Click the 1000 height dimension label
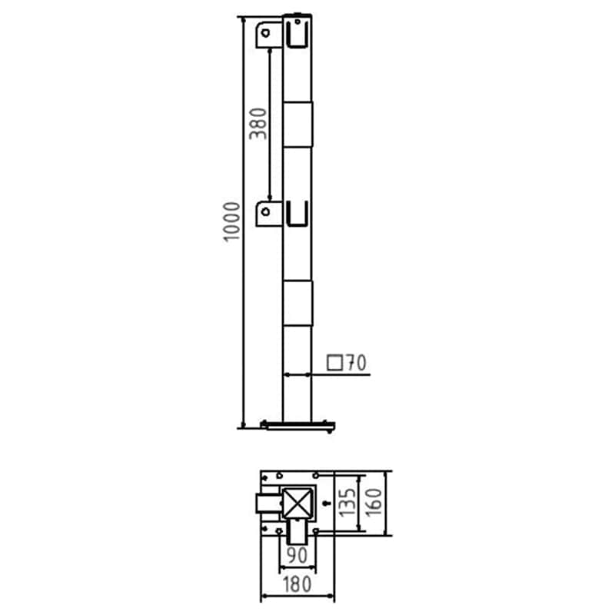click(232, 221)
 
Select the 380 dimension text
click(258, 124)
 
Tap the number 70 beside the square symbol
click(356, 363)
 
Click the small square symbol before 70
click(334, 363)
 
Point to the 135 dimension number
click(347, 503)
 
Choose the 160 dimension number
click(374, 503)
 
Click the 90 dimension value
click(297, 555)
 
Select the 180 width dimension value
click(297, 584)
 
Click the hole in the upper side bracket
click(265, 33)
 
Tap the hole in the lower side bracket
click(265, 212)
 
